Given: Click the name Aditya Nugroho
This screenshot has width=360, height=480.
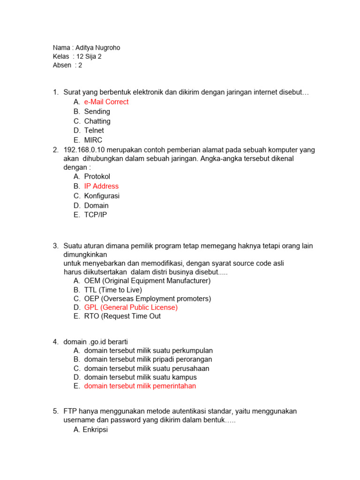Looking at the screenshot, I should (x=101, y=48).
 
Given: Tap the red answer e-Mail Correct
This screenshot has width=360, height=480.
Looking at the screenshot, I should (x=106, y=102).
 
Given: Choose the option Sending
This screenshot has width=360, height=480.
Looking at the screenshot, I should (x=97, y=112).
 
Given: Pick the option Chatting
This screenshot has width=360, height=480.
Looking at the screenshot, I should (x=97, y=121).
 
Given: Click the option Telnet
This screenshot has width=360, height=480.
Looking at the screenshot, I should (x=94, y=130).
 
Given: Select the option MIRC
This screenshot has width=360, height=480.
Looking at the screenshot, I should (x=93, y=140).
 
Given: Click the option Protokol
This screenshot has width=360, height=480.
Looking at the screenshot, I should (x=97, y=177).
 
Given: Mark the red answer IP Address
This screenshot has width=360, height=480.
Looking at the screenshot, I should (x=101, y=186).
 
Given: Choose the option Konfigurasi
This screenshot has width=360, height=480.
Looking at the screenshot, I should (x=102, y=196).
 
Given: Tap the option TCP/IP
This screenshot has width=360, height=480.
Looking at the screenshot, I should (x=96, y=215).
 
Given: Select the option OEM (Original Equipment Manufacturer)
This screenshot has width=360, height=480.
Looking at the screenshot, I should (x=147, y=281).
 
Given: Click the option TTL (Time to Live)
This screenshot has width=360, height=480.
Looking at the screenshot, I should (x=113, y=290).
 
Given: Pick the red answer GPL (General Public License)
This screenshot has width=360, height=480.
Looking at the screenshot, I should (x=131, y=307).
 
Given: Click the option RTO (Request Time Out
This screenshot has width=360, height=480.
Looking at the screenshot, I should (x=122, y=316).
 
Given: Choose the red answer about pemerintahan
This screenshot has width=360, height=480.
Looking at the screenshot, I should (x=140, y=386).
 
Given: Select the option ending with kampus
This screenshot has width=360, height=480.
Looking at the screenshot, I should (x=140, y=377).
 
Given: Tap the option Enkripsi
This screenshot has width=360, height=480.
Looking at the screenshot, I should (x=95, y=429).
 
